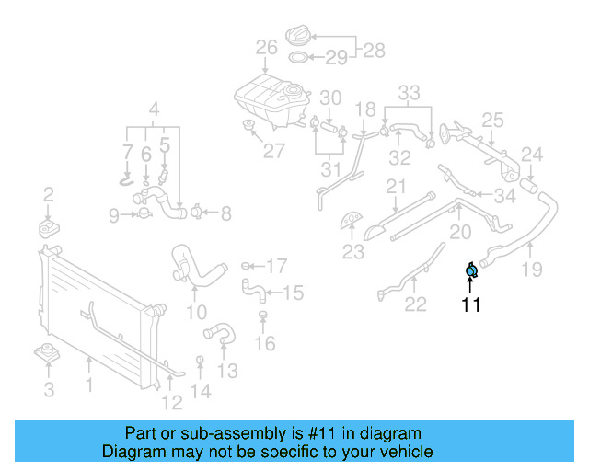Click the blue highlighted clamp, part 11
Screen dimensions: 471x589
tap(471, 270)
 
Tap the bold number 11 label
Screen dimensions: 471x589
tap(471, 305)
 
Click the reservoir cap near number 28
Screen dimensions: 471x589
tap(295, 35)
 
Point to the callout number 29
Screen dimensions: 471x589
tap(336, 58)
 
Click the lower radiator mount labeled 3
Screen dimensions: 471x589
tap(47, 354)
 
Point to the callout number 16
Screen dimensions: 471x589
tap(264, 345)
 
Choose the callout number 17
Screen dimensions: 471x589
tap(276, 267)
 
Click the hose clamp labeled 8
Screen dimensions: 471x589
tap(197, 213)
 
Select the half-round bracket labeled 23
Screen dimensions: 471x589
tap(352, 222)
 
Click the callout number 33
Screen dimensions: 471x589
tap(409, 92)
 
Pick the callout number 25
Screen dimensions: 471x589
tap(492, 120)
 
